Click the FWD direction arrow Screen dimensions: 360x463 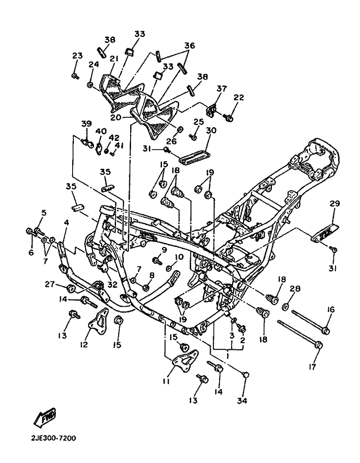tap(45, 417)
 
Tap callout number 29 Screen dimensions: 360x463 tap(335, 204)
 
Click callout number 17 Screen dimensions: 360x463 tap(312, 367)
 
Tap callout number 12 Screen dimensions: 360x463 tap(84, 344)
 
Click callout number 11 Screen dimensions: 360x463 tap(166, 381)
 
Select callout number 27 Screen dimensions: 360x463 tap(50, 284)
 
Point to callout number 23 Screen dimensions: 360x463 tap(77, 55)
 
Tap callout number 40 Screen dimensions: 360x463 tap(101, 131)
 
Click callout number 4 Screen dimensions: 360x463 tap(66, 222)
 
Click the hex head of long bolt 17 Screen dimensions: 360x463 tap(318, 344)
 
